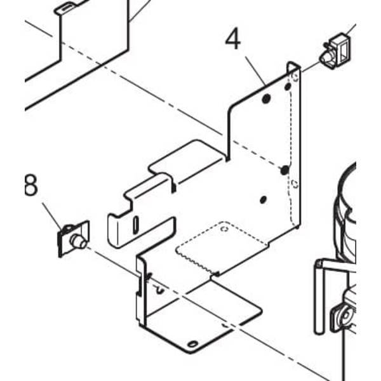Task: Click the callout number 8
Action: (x=31, y=185)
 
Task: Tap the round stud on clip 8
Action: (x=77, y=241)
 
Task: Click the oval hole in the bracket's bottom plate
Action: (x=193, y=344)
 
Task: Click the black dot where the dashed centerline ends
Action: (x=284, y=170)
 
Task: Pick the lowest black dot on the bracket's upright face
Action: (x=263, y=199)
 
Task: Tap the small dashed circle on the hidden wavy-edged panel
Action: (x=225, y=229)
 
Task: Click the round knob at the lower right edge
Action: (x=343, y=317)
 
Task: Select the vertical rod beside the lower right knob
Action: (x=319, y=297)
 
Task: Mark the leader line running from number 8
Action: (x=52, y=217)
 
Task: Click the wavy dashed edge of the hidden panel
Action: (x=196, y=261)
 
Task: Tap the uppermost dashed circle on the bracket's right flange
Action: (x=295, y=77)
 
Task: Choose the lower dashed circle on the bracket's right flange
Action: (x=295, y=184)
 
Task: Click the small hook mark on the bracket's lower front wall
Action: (x=159, y=290)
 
